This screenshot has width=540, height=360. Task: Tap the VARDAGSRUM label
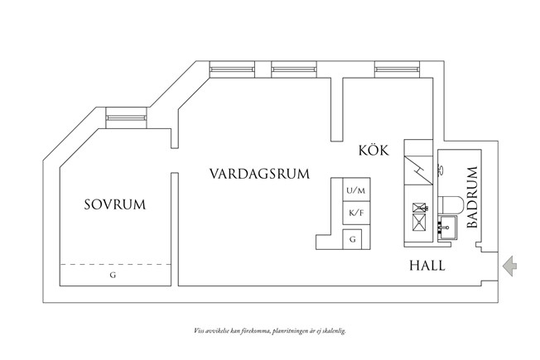coord(259,174)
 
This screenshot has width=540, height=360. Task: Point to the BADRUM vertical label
coord(472,197)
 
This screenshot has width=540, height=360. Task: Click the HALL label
coord(427,266)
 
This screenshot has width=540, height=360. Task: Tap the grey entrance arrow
coord(511,265)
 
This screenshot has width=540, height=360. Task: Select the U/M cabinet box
coord(354,191)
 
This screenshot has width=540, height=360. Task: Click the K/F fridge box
coord(354,214)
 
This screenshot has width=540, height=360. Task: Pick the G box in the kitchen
coord(354,239)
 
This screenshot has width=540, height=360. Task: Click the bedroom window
coord(127,118)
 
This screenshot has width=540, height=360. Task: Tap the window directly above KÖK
coord(397,70)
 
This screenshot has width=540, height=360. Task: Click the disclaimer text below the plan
coord(269,330)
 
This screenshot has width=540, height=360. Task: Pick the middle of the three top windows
coord(294,70)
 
